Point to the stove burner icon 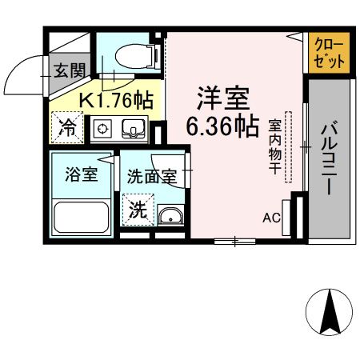click(x=102, y=128)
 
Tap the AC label click(x=271, y=217)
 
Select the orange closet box click(x=330, y=54)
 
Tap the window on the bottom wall click(x=235, y=239)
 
